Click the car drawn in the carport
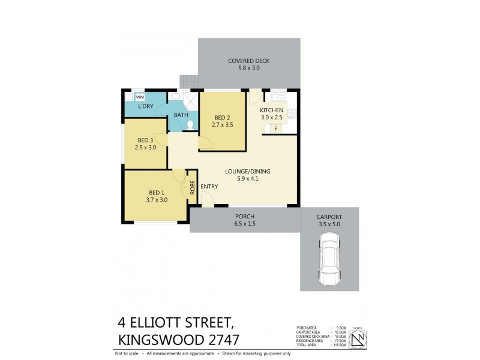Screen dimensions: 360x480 pos(329,259)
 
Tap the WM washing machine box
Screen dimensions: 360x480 pos(140,97)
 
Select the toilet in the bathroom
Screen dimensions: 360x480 pos(190,125)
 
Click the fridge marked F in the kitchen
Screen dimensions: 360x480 pos(275,128)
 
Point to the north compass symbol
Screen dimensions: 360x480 pos(358,339)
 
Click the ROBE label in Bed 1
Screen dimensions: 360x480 pos(192,188)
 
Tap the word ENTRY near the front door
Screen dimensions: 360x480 pos(209,187)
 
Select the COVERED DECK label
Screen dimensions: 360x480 pos(248,61)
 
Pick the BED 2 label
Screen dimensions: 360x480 pos(222,118)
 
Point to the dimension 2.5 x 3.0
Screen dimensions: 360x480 pos(149,147)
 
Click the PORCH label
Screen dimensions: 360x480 pos(245,216)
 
